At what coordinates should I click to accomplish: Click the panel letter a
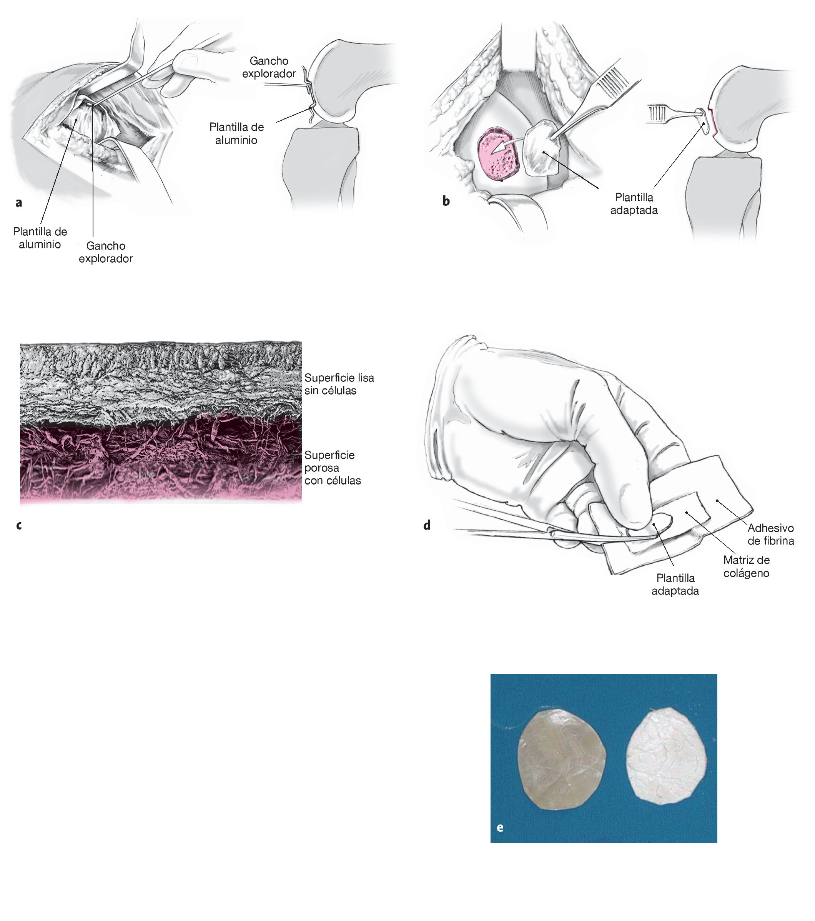(x=18, y=203)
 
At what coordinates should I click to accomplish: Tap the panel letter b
(x=446, y=201)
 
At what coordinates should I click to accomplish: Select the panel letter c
(x=18, y=525)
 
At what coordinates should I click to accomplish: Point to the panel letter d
(x=427, y=525)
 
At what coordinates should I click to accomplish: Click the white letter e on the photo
(x=500, y=827)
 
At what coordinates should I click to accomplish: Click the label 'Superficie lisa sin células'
(x=339, y=384)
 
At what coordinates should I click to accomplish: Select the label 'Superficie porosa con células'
(x=333, y=468)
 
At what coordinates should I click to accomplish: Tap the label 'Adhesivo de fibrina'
(x=770, y=535)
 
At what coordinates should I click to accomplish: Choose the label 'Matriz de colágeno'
(x=746, y=566)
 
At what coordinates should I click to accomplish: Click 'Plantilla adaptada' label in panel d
(x=675, y=585)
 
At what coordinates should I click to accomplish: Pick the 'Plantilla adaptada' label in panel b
(x=634, y=204)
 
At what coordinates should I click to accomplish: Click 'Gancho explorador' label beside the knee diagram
(x=269, y=67)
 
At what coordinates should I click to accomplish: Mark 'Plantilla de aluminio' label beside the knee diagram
(x=236, y=133)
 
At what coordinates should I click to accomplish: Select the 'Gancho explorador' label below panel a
(x=106, y=252)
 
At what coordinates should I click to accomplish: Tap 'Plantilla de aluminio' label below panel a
(x=40, y=238)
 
